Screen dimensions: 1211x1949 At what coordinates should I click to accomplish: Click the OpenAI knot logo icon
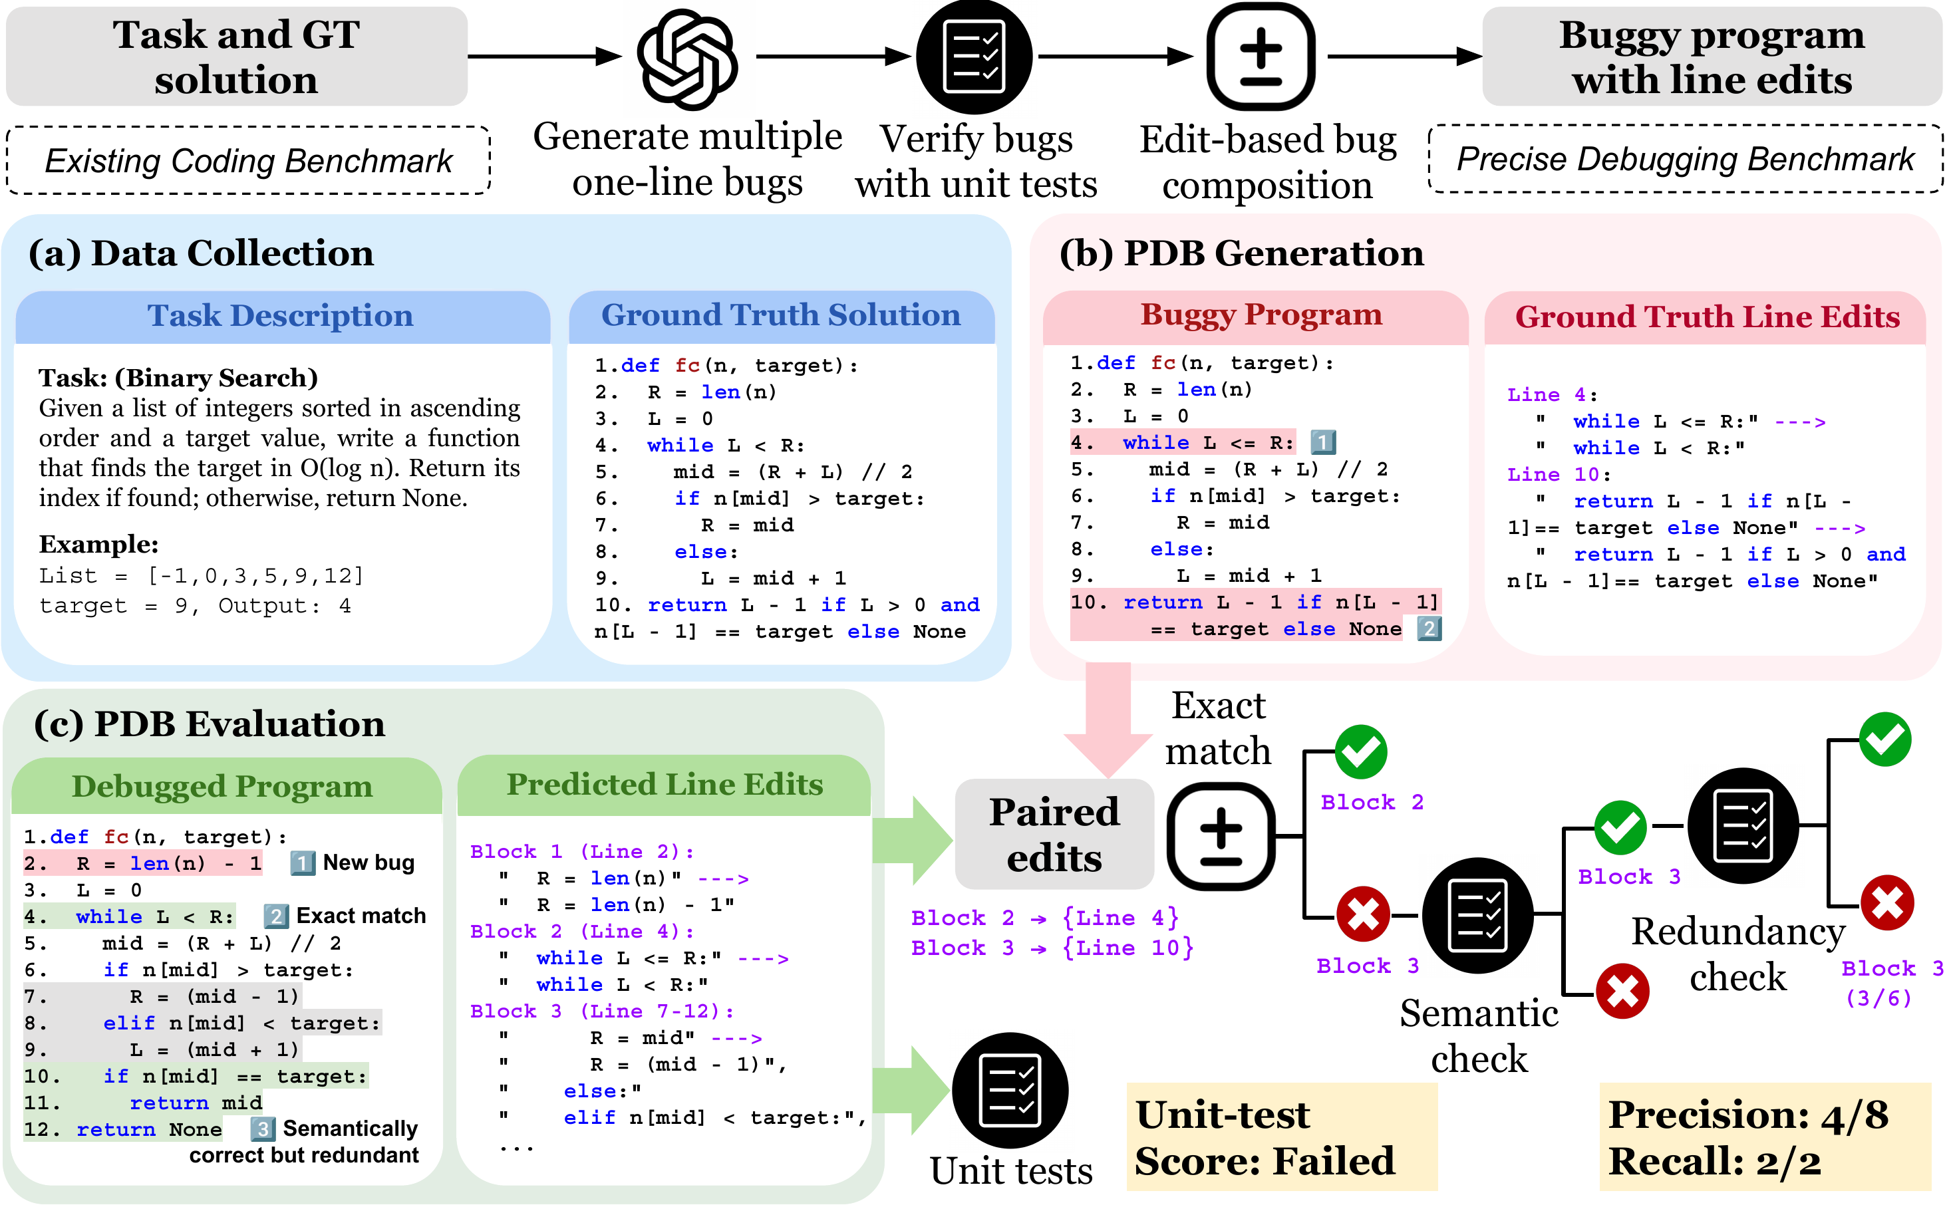pos(686,58)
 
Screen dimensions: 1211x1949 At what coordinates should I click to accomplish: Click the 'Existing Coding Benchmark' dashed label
pos(248,161)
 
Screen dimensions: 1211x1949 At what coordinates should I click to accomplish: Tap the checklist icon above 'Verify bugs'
pos(974,57)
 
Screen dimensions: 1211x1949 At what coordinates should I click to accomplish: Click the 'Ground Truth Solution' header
pos(781,316)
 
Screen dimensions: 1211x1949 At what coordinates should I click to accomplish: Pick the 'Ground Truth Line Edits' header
pos(1706,317)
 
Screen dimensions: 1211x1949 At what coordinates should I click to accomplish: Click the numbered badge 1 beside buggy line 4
pos(1322,442)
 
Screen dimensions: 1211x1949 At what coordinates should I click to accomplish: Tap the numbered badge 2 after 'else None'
pos(1429,628)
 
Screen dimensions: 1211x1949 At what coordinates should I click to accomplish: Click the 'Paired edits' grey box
pos(1054,835)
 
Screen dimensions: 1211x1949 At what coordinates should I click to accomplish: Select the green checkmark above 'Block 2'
pos(1361,752)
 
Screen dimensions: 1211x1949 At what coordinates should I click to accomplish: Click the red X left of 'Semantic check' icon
pos(1362,914)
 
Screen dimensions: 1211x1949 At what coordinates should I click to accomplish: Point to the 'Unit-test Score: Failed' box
pos(1282,1137)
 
